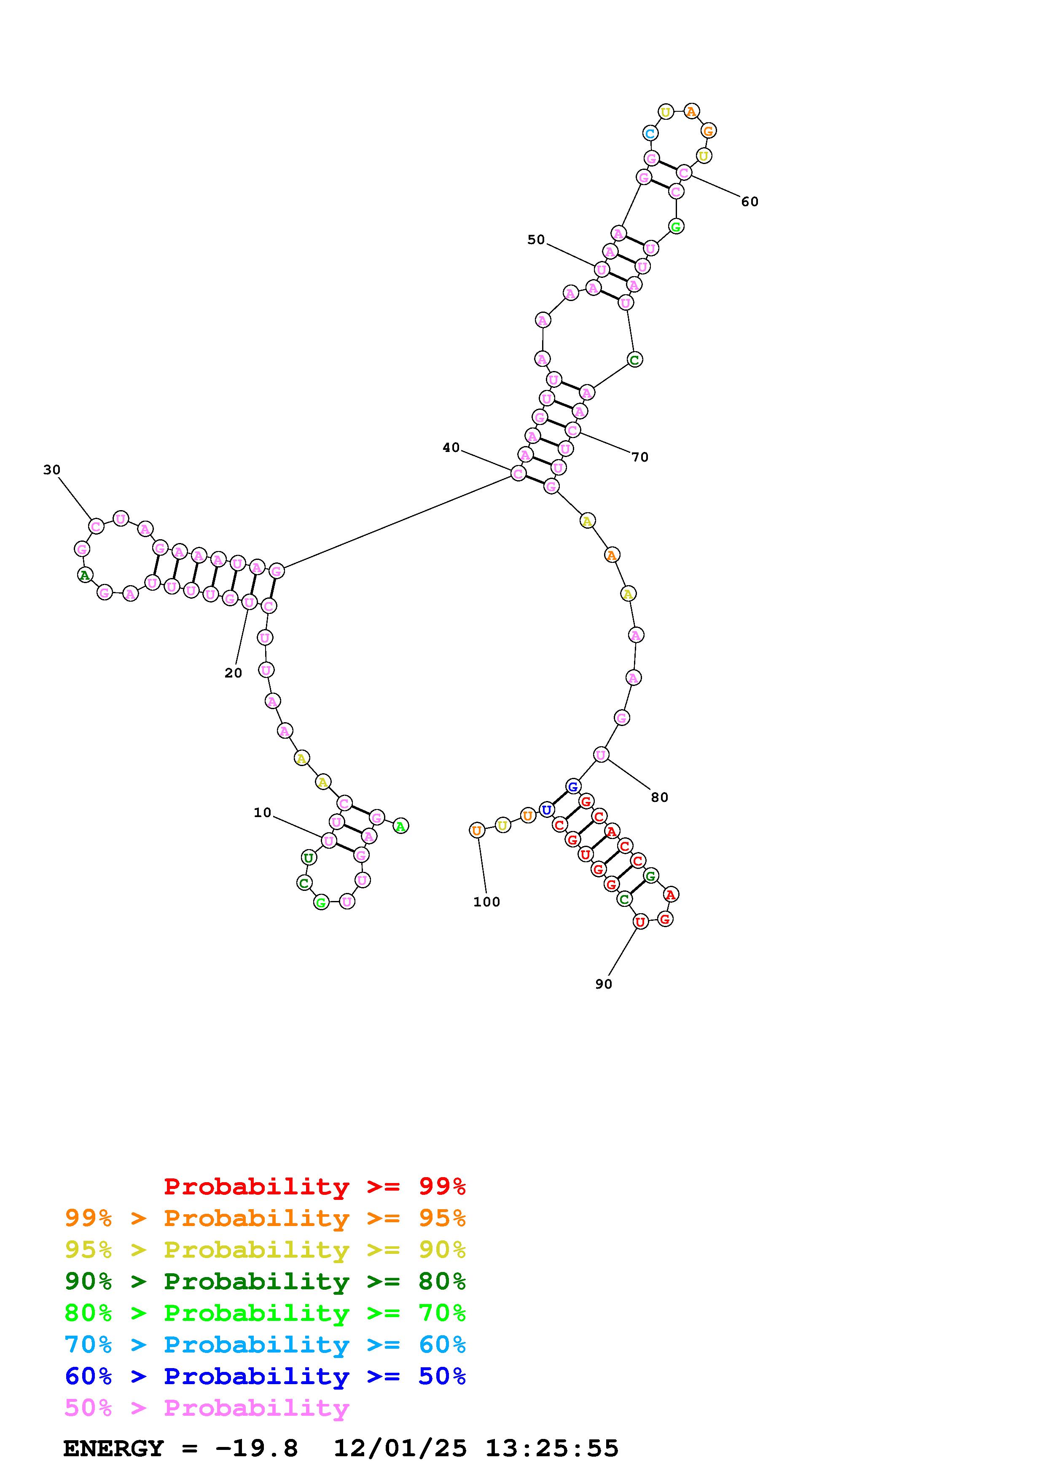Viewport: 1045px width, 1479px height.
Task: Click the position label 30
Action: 51,470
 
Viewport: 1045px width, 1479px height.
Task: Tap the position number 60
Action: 749,202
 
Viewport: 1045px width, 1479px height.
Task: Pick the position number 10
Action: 262,813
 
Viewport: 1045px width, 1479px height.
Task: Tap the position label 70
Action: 639,457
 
